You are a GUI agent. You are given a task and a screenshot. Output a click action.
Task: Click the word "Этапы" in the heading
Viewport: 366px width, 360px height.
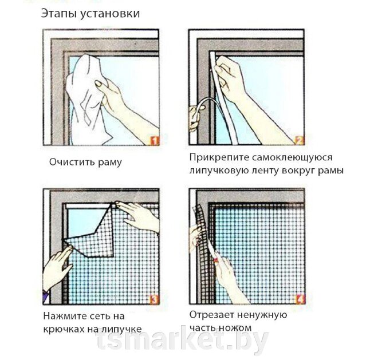pyautogui.click(x=59, y=13)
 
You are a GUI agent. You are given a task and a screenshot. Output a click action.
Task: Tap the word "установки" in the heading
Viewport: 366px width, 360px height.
pyautogui.click(x=110, y=14)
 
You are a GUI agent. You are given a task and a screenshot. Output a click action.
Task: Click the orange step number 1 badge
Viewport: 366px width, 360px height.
pyautogui.click(x=155, y=140)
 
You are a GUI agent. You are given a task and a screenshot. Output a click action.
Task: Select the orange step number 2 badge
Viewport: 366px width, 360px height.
pyautogui.click(x=300, y=140)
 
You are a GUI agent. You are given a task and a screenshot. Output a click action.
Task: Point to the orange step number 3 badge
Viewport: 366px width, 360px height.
pyautogui.click(x=154, y=299)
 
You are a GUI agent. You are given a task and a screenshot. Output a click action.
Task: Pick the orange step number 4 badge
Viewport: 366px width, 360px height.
pyautogui.click(x=300, y=299)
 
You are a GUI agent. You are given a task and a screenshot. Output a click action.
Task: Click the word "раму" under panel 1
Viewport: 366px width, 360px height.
pyautogui.click(x=110, y=163)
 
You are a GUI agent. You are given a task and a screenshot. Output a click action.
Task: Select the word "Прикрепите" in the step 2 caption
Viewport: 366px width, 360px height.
pyautogui.click(x=219, y=158)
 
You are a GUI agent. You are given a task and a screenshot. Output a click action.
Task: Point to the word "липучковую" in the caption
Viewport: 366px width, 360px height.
pyautogui.click(x=219, y=171)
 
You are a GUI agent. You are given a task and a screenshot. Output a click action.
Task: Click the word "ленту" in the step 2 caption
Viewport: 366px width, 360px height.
pyautogui.click(x=265, y=171)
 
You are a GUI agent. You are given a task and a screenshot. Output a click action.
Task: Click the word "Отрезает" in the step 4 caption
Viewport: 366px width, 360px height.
pyautogui.click(x=211, y=315)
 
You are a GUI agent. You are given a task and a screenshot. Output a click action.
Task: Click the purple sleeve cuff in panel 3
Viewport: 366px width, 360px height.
pyautogui.click(x=46, y=297)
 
